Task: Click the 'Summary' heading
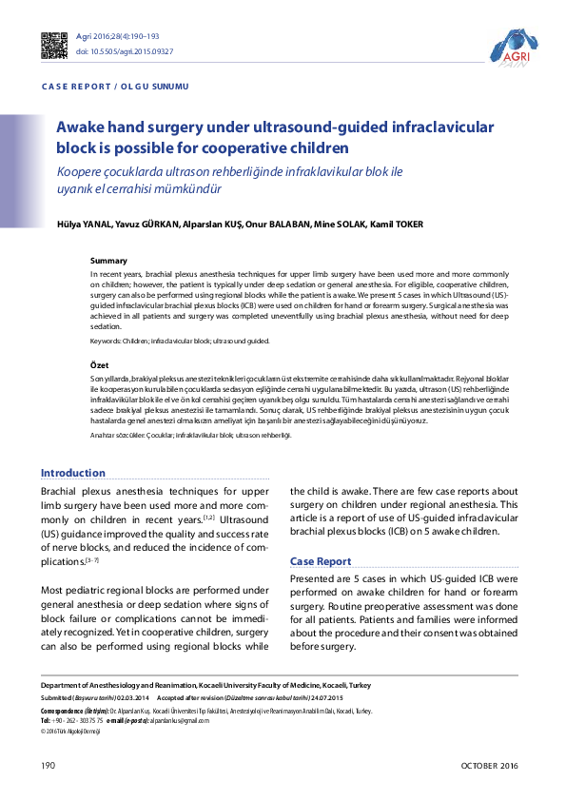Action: pyautogui.click(x=108, y=261)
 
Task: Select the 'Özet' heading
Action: pyautogui.click(x=100, y=365)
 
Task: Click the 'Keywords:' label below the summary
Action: pyautogui.click(x=107, y=341)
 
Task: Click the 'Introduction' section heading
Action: pyautogui.click(x=73, y=473)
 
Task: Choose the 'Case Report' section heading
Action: pyautogui.click(x=321, y=561)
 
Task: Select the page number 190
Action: pyautogui.click(x=49, y=766)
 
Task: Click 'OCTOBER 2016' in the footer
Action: pyautogui.click(x=489, y=766)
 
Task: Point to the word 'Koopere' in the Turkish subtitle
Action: pyautogui.click(x=80, y=171)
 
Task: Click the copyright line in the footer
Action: pyautogui.click(x=70, y=731)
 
